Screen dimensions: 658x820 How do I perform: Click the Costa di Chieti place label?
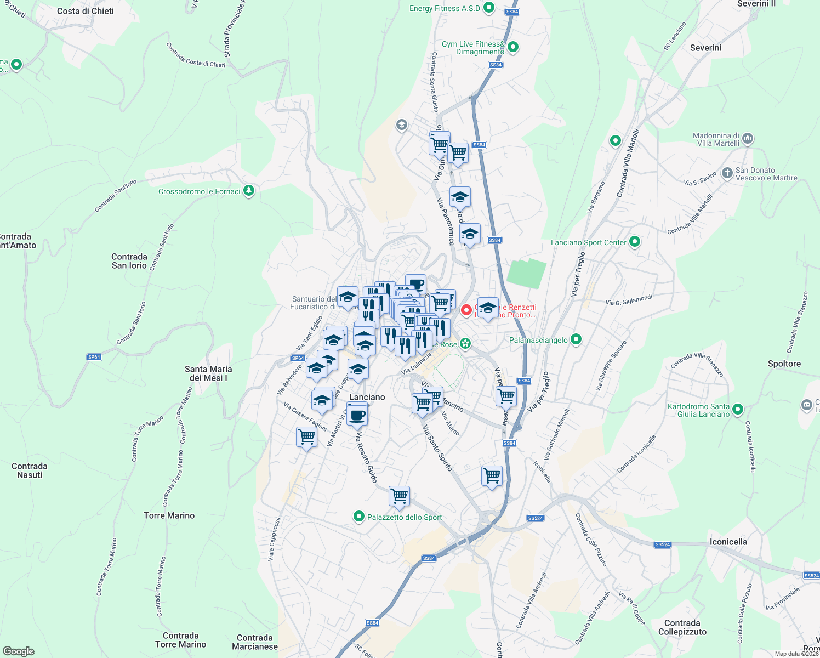(x=86, y=11)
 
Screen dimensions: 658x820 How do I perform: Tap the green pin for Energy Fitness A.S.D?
(x=489, y=8)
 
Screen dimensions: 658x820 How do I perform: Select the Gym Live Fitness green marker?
(x=513, y=47)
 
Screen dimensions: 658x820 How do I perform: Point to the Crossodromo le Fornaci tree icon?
(x=249, y=191)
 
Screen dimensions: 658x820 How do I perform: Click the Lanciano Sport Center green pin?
(x=635, y=241)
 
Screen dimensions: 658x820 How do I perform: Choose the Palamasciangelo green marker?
(x=576, y=340)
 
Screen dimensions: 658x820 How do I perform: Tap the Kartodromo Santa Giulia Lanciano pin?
(x=738, y=409)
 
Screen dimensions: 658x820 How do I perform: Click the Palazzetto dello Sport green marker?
(x=359, y=517)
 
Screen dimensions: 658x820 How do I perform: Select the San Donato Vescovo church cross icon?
(x=727, y=174)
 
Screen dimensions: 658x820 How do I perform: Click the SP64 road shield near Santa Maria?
(x=94, y=357)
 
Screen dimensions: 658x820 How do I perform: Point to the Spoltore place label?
(x=784, y=364)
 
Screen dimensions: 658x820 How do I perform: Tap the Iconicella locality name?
(x=728, y=542)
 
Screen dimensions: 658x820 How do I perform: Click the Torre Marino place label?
(x=169, y=515)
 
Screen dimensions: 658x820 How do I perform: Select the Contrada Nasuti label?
(x=30, y=470)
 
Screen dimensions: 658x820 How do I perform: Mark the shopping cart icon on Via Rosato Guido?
(x=399, y=496)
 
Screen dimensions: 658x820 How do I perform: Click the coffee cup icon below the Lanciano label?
(x=357, y=415)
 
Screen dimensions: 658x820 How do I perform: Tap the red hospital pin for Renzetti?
(x=466, y=310)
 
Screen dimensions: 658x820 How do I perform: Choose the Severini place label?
(x=705, y=48)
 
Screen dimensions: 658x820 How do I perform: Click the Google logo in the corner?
(x=19, y=651)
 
